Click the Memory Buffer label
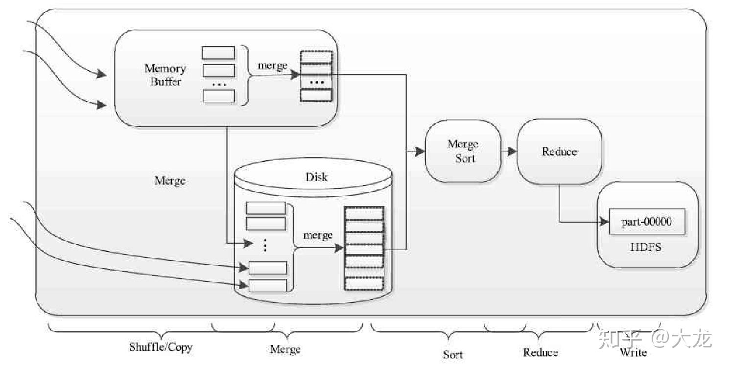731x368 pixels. click(165, 75)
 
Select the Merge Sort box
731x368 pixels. click(463, 151)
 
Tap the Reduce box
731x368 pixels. click(559, 151)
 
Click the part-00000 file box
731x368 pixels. click(646, 222)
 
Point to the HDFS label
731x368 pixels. click(645, 247)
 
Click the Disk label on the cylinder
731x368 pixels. click(316, 177)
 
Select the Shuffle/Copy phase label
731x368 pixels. click(161, 347)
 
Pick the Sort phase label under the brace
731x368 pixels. click(452, 355)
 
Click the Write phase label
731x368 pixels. click(633, 352)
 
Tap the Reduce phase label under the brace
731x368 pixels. click(541, 352)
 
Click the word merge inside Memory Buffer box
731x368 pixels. click(272, 66)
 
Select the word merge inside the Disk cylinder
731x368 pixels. click(318, 235)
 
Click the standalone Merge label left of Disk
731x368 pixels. click(170, 181)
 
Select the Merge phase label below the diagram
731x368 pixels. click(285, 349)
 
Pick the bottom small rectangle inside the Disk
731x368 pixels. click(267, 286)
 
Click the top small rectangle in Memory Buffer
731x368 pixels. click(218, 53)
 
